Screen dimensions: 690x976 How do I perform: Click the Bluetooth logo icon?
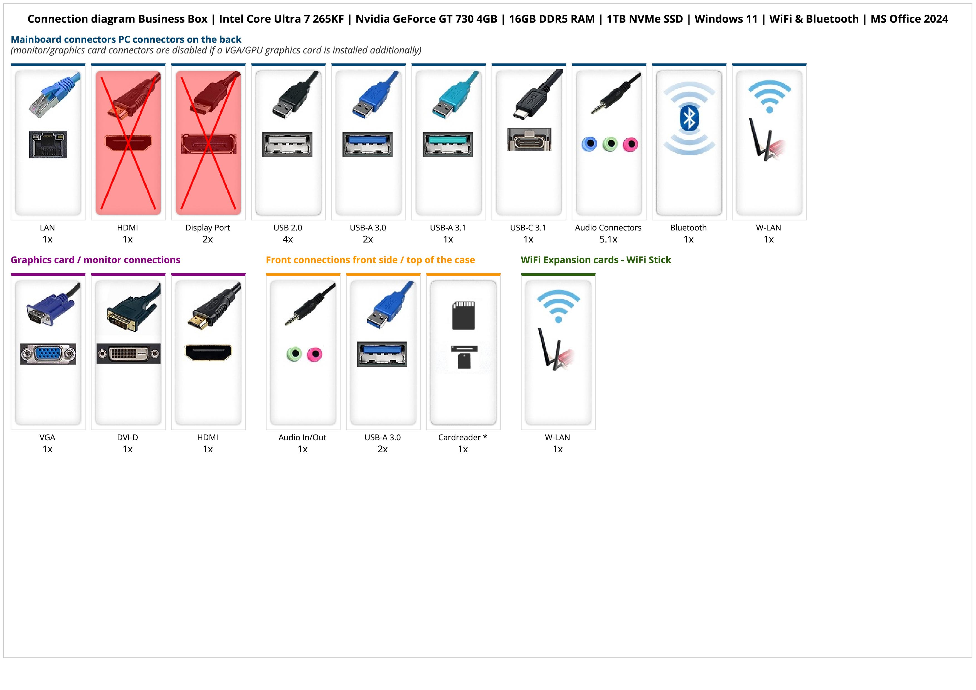(689, 118)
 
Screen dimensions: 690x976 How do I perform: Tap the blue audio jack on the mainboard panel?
(589, 144)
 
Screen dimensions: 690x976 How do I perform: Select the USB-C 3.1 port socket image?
(529, 139)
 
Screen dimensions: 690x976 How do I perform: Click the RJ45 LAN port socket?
(48, 144)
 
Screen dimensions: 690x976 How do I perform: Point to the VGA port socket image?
(48, 354)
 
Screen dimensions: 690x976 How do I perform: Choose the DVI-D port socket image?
(128, 354)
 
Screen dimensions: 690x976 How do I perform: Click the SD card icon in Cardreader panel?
(463, 315)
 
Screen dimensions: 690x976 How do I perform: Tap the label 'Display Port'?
(208, 228)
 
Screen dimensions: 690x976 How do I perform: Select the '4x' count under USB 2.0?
(288, 239)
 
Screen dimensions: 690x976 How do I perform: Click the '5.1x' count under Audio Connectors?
(608, 239)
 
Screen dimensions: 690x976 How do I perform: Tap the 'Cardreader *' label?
(462, 438)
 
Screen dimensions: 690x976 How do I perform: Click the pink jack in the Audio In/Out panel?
(315, 354)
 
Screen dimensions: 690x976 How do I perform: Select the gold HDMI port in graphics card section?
(208, 352)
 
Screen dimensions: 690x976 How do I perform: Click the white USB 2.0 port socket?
(287, 144)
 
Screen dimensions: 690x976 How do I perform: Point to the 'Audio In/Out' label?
(302, 438)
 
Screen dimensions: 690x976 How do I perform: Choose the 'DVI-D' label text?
(127, 438)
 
